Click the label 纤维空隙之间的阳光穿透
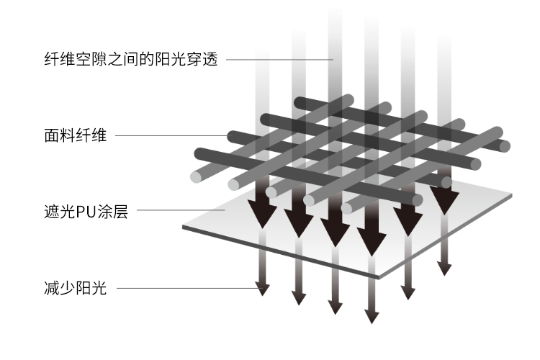click(130, 58)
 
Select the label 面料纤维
click(75, 135)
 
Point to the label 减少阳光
click(75, 289)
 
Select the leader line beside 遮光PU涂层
click(180, 211)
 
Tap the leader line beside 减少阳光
click(187, 289)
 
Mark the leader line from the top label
click(281, 58)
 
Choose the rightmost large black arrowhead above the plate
click(445, 201)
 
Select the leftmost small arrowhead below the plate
click(263, 289)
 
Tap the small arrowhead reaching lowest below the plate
click(372, 317)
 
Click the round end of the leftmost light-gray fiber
click(195, 176)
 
